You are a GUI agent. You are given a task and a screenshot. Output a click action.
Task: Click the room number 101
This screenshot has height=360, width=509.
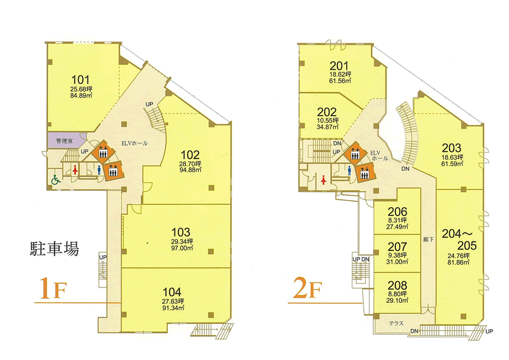pos(80,80)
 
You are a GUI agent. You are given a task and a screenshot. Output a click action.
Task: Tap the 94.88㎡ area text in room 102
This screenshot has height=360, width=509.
pos(190,169)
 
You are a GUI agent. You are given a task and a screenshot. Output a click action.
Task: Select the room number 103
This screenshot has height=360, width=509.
pos(181,233)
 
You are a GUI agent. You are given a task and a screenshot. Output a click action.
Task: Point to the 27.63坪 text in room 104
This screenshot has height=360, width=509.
pos(173,301)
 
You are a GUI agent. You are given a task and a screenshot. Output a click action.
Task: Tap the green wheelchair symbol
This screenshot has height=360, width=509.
pos(56,179)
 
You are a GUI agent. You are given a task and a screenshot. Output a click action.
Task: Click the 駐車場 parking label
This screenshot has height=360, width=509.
pos(54,249)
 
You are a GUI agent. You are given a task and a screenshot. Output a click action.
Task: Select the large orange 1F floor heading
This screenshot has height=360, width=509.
pos(53,289)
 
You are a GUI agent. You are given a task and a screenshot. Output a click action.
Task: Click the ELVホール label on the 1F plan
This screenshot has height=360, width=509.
pos(135,143)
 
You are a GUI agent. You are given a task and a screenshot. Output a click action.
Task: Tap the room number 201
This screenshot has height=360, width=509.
pos(339,66)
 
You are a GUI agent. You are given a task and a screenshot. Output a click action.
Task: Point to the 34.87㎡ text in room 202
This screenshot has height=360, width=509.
pos(327,127)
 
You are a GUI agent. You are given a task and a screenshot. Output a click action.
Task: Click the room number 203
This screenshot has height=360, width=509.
pos(451,148)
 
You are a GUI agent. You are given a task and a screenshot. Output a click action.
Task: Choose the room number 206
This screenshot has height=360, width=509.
pos(397,212)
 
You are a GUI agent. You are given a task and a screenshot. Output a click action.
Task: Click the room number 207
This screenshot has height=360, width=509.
pos(397,246)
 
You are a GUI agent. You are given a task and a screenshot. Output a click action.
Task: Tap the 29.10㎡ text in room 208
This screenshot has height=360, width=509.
pos(397,301)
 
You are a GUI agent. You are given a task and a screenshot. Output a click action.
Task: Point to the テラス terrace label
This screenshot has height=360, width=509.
pos(397,323)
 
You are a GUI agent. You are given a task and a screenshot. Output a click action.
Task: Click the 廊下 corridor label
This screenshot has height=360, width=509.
pos(428,240)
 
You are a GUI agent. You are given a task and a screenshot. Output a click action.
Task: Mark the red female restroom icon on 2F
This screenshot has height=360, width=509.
pos(323,179)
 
